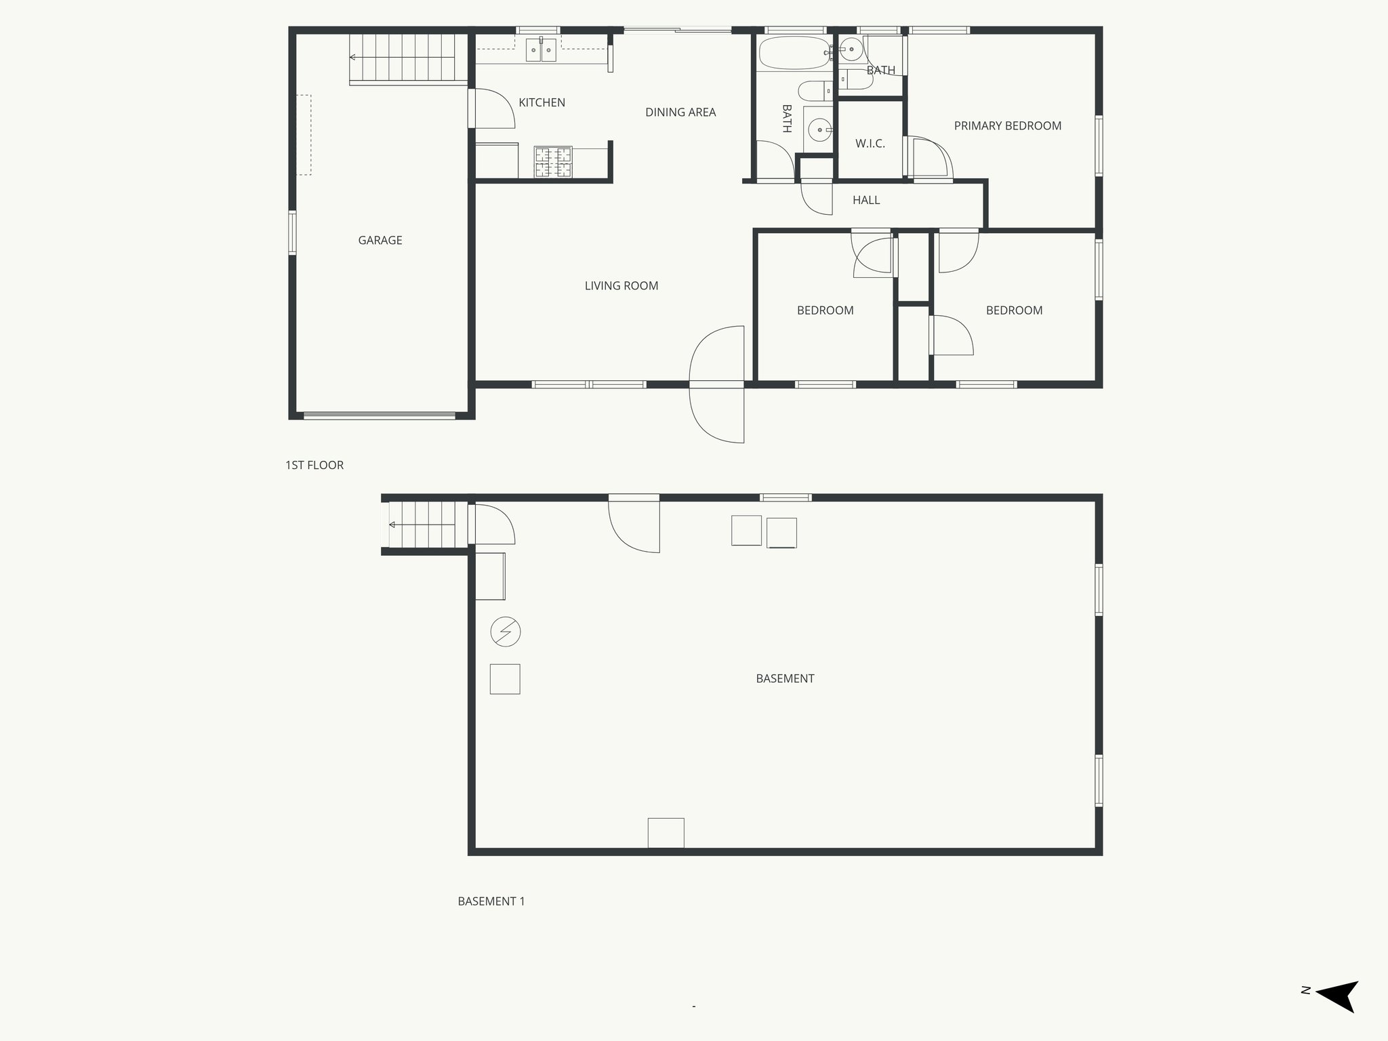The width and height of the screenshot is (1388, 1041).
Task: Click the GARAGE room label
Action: click(380, 240)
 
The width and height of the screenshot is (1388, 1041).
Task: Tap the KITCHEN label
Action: click(542, 102)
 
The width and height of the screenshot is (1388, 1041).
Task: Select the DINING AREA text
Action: click(680, 113)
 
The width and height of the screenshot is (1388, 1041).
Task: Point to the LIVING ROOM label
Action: click(621, 286)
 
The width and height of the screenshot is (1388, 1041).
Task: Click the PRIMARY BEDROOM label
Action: click(1007, 126)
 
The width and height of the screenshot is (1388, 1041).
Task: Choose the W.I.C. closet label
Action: click(870, 144)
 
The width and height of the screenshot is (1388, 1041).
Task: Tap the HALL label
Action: click(865, 200)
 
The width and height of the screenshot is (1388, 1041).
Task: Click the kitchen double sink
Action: click(542, 50)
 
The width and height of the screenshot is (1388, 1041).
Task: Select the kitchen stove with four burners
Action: click(553, 163)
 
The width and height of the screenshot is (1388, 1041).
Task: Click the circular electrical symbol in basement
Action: click(506, 632)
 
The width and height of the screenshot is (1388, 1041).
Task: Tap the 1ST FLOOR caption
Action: click(314, 465)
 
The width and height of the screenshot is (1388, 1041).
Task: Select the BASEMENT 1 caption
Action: click(491, 901)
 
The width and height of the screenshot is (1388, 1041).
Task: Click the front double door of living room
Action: click(717, 385)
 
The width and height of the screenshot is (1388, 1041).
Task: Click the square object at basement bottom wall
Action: click(666, 833)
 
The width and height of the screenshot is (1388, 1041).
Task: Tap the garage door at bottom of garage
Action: click(380, 415)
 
